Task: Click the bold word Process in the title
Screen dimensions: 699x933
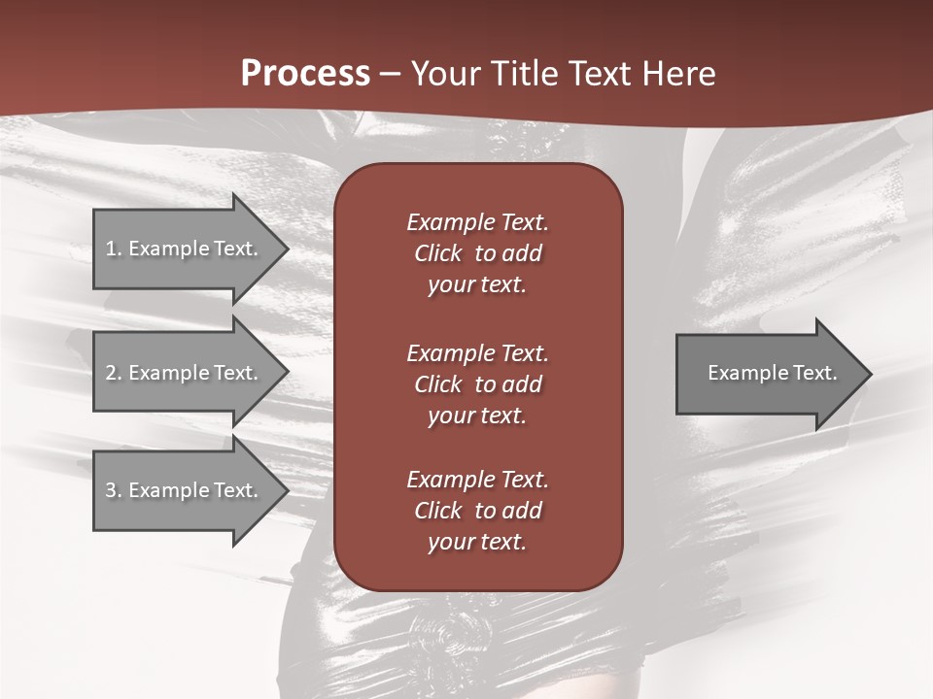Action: tap(305, 74)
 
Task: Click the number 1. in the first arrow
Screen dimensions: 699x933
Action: tap(114, 249)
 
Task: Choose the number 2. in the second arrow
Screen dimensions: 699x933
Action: tap(114, 373)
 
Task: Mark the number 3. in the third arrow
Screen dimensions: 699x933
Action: tap(114, 490)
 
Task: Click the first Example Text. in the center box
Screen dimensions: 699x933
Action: tap(477, 222)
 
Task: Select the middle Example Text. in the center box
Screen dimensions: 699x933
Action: tap(477, 352)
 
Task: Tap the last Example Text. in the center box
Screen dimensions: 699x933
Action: tap(477, 480)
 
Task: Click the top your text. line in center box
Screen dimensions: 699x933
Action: tap(476, 285)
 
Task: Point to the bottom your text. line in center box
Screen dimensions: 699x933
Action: tap(476, 543)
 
